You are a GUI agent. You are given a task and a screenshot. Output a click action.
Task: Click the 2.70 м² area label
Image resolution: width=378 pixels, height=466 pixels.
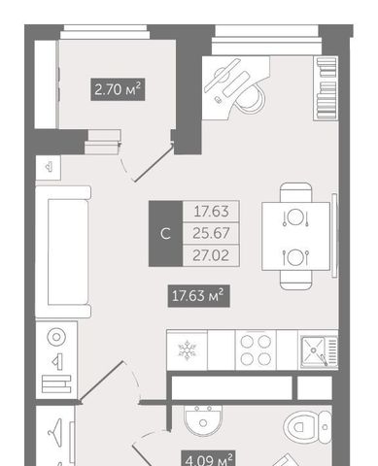coord(118,89)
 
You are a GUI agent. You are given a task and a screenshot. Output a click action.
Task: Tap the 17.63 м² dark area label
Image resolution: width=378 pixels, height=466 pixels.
coord(198,296)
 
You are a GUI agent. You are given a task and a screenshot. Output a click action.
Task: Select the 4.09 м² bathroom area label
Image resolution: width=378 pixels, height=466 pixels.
coord(208,458)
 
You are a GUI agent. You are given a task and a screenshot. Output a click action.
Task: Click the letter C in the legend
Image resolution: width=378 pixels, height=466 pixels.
coord(165,234)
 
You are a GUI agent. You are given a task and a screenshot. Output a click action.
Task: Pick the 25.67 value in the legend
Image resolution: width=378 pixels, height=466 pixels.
coord(211,233)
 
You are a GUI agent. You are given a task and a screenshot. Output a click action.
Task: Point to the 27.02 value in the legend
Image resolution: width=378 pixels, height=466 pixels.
coord(211,255)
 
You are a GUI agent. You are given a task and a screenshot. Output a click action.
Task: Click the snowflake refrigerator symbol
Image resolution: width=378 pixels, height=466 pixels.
coord(188,350)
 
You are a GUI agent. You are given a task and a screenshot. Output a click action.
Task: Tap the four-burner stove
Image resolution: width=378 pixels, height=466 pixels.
coord(256,350)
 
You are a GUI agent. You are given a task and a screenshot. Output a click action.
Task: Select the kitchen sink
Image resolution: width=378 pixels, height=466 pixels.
coord(319,351)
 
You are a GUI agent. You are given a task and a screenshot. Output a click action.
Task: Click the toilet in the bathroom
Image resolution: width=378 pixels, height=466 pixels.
coord(308,427)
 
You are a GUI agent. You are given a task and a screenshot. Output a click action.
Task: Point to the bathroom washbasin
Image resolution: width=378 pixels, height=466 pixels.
coord(203,420)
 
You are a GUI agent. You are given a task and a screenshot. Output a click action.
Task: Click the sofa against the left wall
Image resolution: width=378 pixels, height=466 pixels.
coord(63,251)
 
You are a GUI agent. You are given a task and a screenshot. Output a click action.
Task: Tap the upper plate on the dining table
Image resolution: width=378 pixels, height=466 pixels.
coord(294,216)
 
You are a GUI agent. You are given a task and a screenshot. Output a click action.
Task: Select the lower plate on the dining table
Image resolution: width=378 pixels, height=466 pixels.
coord(294,258)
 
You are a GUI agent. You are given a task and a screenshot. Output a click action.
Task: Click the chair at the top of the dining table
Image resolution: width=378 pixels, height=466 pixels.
coord(295,192)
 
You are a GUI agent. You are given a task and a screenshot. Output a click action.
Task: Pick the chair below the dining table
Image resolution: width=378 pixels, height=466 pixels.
coord(295,280)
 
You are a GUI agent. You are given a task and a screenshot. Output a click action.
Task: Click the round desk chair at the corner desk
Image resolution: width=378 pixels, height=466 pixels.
coord(250,98)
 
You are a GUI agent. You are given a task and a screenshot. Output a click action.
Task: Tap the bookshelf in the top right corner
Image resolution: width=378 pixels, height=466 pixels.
coord(326,88)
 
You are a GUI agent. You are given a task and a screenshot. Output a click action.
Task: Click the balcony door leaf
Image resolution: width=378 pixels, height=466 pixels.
coord(154,163)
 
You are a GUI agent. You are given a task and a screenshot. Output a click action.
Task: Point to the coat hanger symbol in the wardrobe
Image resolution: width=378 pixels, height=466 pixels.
coord(54,429)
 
